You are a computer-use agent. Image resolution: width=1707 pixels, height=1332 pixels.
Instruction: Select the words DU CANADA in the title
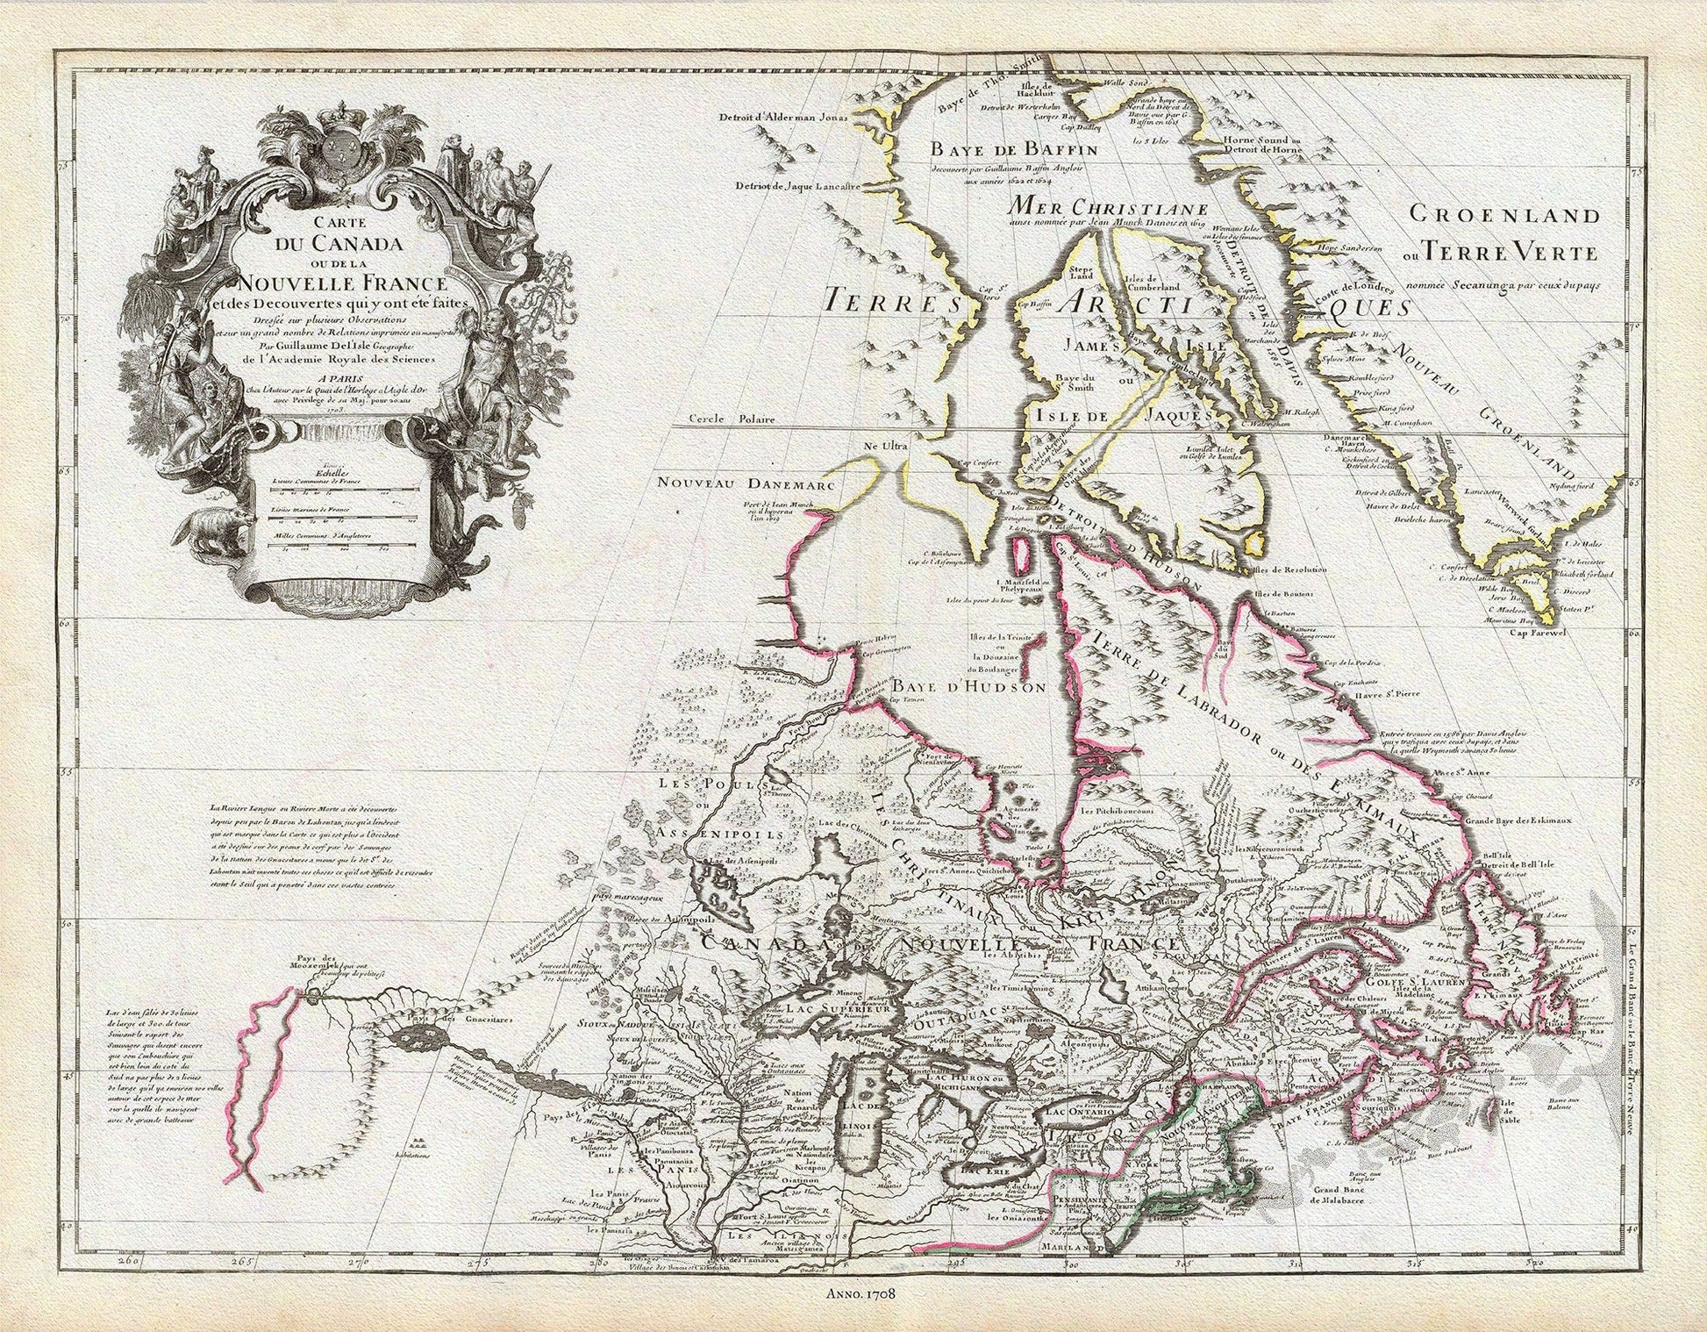pos(338,243)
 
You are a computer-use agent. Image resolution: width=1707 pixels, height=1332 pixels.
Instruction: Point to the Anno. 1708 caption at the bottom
pos(857,1293)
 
